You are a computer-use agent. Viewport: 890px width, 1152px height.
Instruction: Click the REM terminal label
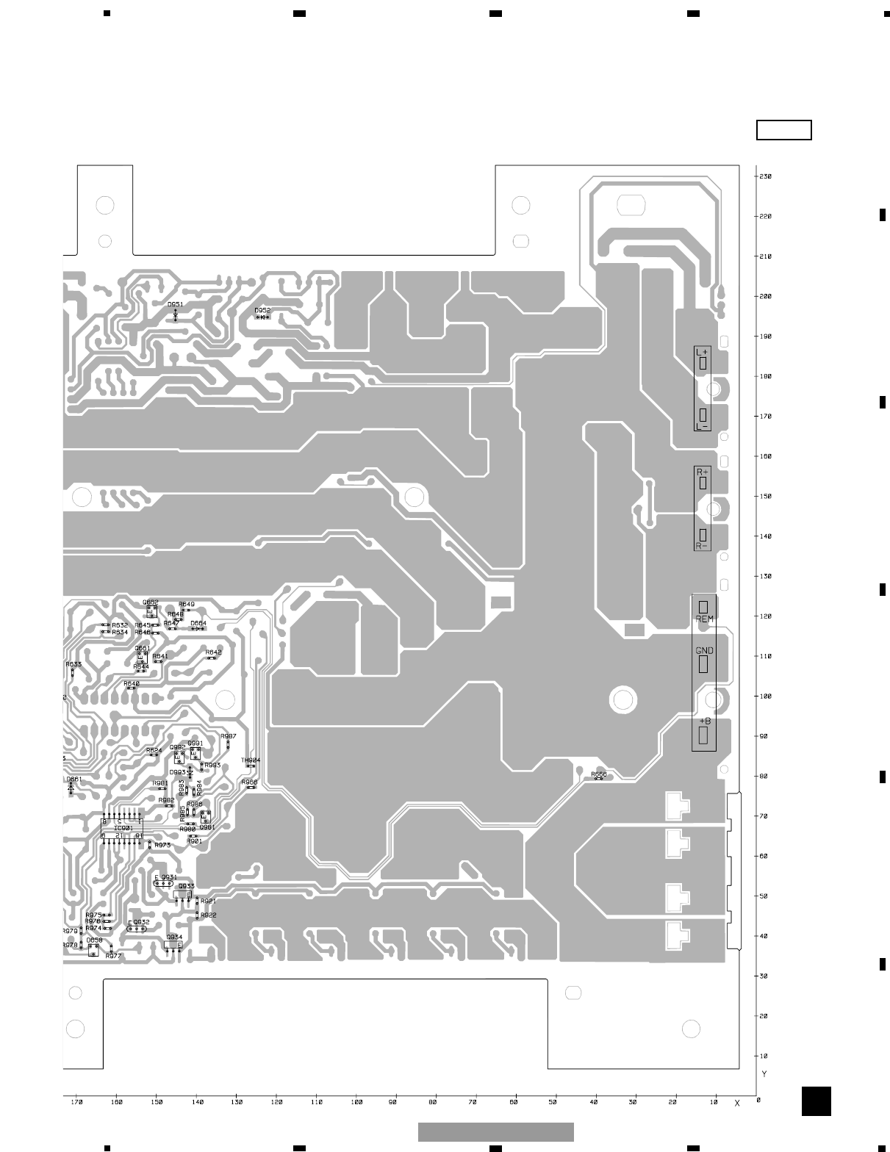pos(704,619)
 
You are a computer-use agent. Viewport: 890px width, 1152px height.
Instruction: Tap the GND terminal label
pos(704,651)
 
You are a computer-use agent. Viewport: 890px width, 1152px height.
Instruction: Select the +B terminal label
pos(704,721)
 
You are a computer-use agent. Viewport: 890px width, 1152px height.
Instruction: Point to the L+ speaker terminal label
pos(702,352)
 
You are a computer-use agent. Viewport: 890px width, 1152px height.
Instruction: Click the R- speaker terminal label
pos(702,546)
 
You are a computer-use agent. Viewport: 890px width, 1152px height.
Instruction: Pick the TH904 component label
pos(251,760)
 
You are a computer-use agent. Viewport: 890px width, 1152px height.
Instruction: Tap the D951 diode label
pos(175,304)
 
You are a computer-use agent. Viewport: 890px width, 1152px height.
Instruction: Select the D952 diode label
pos(262,310)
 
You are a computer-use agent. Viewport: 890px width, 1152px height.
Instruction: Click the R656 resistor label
pos(599,774)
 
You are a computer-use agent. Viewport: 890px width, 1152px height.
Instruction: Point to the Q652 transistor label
pos(151,602)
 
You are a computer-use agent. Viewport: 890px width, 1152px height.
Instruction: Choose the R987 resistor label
pos(229,736)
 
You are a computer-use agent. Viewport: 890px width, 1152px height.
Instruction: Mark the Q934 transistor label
pos(174,937)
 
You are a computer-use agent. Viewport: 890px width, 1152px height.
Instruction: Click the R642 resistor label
pos(213,652)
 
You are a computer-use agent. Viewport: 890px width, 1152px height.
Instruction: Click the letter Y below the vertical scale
pos(764,1074)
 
